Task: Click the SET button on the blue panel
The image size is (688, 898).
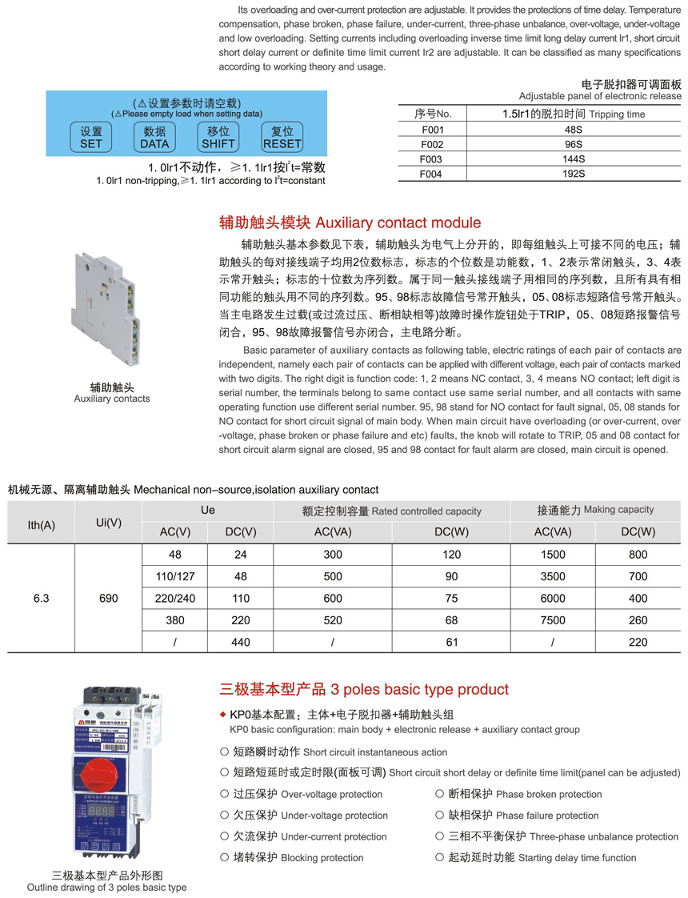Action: tap(91, 138)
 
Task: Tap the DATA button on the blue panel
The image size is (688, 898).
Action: tap(154, 138)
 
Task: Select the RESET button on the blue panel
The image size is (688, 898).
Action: tap(282, 138)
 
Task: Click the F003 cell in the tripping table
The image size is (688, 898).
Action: tap(432, 158)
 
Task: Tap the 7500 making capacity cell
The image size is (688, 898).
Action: tap(553, 620)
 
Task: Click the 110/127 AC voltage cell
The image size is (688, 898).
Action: tap(175, 576)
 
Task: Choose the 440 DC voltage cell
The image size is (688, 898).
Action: tap(239, 642)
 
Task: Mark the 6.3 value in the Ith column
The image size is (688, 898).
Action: tap(41, 597)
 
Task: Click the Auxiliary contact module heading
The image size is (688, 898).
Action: tap(350, 222)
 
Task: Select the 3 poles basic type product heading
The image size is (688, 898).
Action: tap(364, 689)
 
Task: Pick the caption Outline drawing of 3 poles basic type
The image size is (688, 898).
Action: tap(106, 887)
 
